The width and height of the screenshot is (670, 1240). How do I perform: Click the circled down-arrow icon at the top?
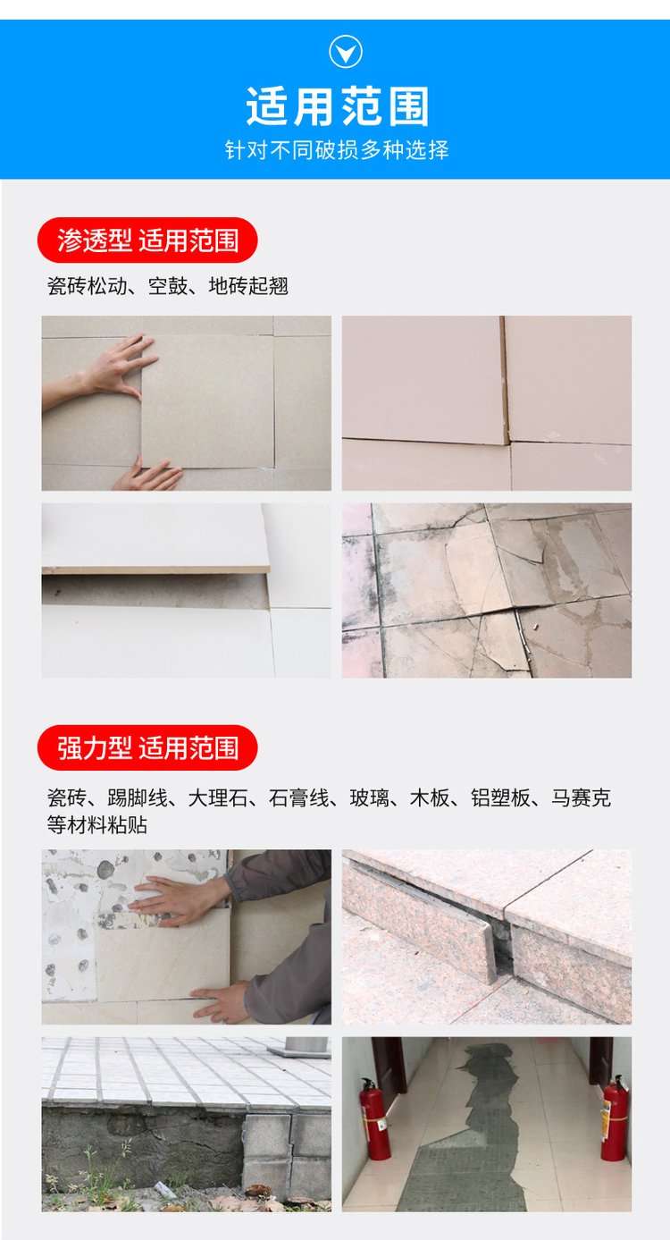[346, 51]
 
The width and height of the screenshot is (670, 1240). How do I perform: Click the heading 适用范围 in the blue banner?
[338, 107]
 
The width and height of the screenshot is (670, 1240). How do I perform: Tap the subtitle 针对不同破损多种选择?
[336, 150]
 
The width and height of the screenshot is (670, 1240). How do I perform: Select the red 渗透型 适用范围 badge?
[147, 240]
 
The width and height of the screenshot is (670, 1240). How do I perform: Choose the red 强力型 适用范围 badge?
[147, 748]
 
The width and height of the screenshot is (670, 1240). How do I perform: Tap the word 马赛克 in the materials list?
[581, 798]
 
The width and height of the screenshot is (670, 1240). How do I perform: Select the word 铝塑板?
[500, 798]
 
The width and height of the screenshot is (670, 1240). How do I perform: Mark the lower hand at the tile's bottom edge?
[147, 476]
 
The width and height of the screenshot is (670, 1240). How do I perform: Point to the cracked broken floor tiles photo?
[487, 590]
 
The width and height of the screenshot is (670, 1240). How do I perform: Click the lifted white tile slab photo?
[186, 590]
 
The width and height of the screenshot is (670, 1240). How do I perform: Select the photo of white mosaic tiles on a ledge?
[186, 1124]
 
